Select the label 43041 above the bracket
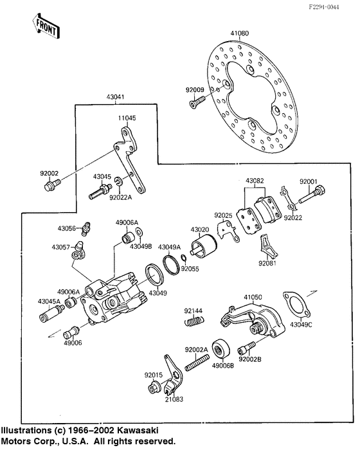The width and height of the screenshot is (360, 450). (116, 98)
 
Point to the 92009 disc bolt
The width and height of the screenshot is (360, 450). (195, 101)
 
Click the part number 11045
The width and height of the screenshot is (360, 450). (127, 118)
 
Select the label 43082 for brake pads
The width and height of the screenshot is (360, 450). (255, 182)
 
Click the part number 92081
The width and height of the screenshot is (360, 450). (267, 264)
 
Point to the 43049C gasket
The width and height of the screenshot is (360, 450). (296, 303)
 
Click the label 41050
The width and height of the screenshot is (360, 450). (252, 298)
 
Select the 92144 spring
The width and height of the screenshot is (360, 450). (192, 322)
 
